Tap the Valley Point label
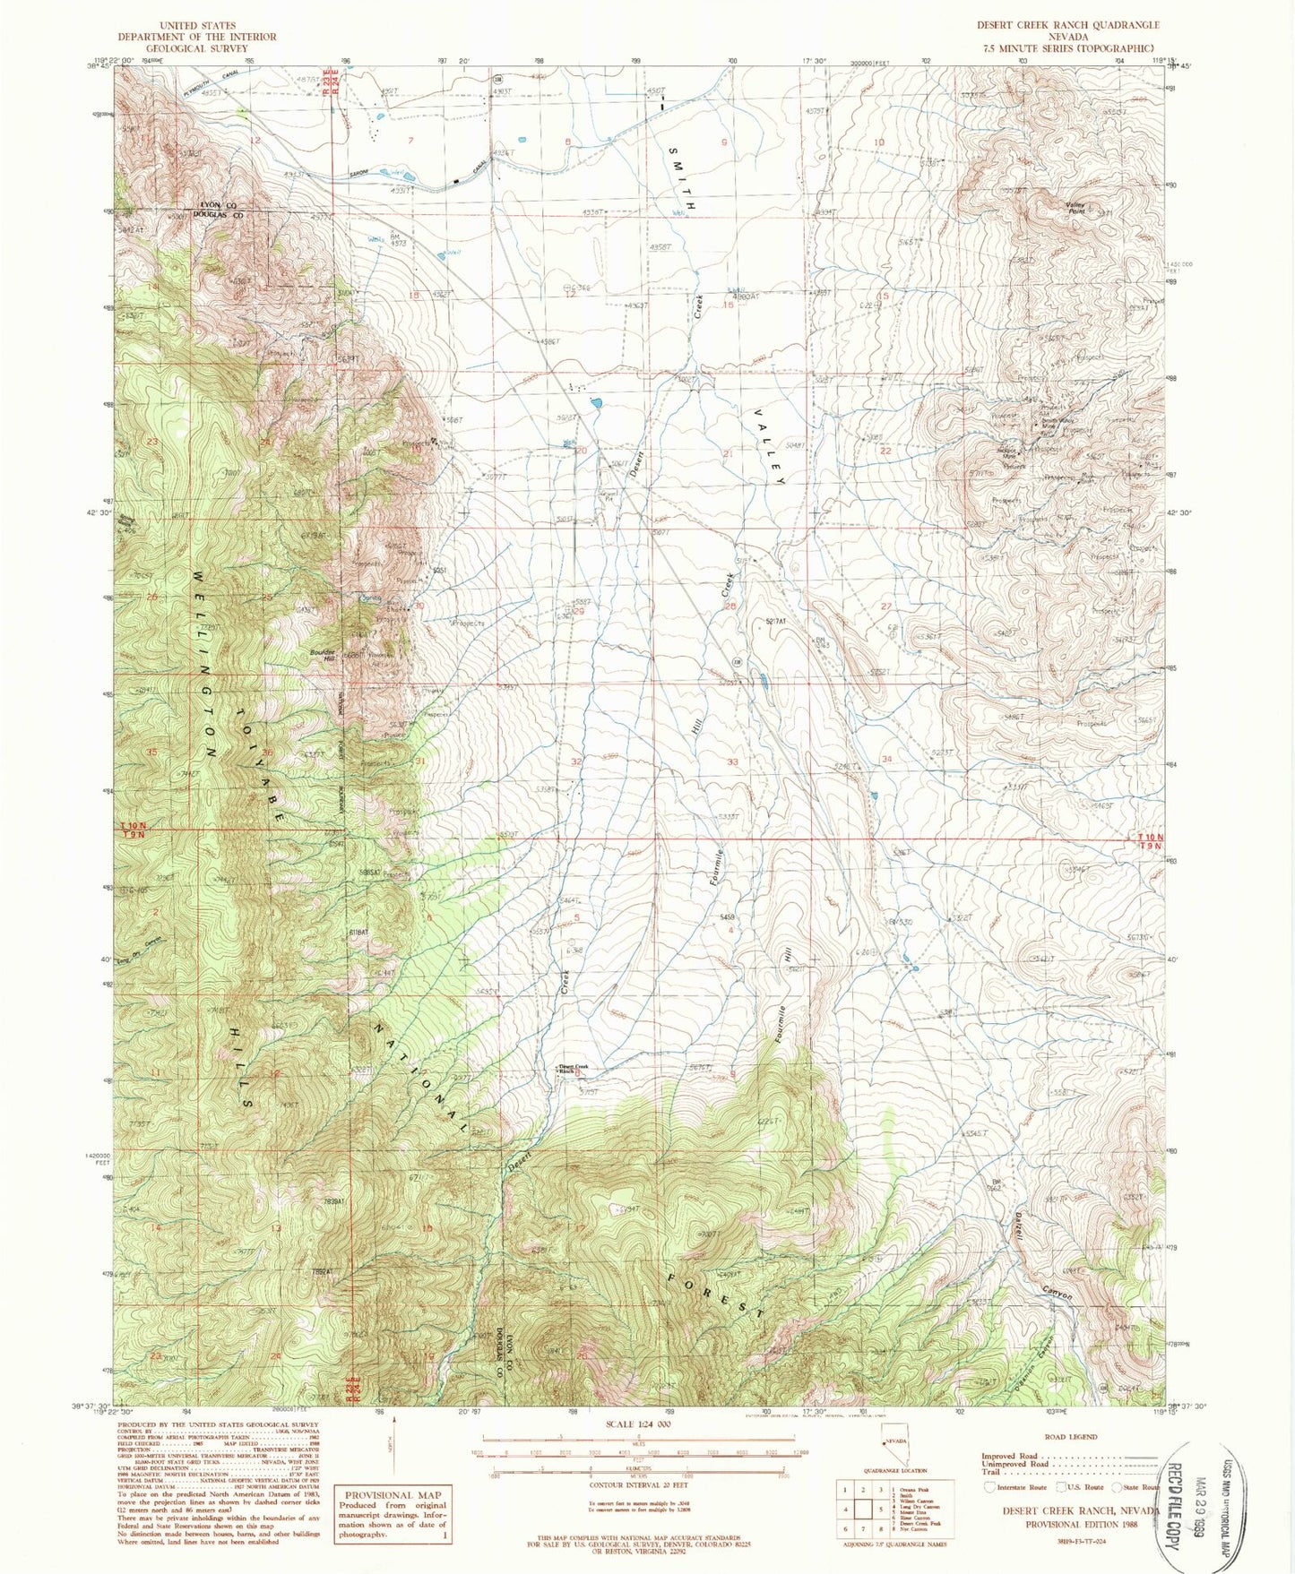coord(1076,208)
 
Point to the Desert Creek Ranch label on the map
coord(574,1068)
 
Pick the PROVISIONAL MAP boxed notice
coord(393,1512)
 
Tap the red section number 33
coord(733,761)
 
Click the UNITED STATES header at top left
coord(196,25)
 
